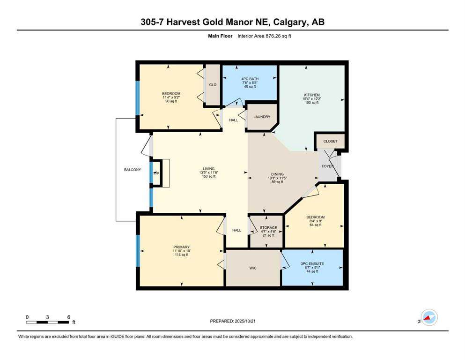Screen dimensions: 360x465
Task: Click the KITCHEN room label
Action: [x=311, y=95]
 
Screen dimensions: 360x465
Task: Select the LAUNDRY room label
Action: [x=262, y=117]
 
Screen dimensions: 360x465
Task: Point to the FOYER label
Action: [x=327, y=166]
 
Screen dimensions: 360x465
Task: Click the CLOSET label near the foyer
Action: [x=330, y=141]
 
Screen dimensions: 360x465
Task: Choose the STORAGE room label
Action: [x=268, y=228]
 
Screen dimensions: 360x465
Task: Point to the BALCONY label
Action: [x=133, y=170]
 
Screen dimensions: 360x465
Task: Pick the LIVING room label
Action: [x=208, y=169]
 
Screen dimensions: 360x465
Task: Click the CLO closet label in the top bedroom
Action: [x=213, y=85]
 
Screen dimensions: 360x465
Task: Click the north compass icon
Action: [x=428, y=317]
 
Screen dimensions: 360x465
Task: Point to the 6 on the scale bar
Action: [x=68, y=317]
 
